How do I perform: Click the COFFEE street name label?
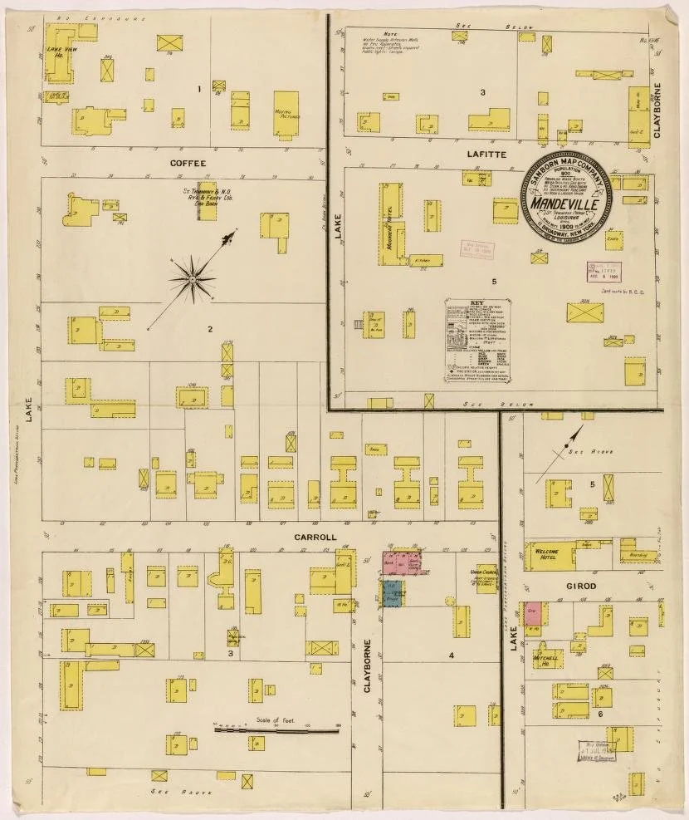point(188,163)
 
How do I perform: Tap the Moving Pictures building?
point(286,112)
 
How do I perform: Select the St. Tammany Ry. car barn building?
point(205,202)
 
